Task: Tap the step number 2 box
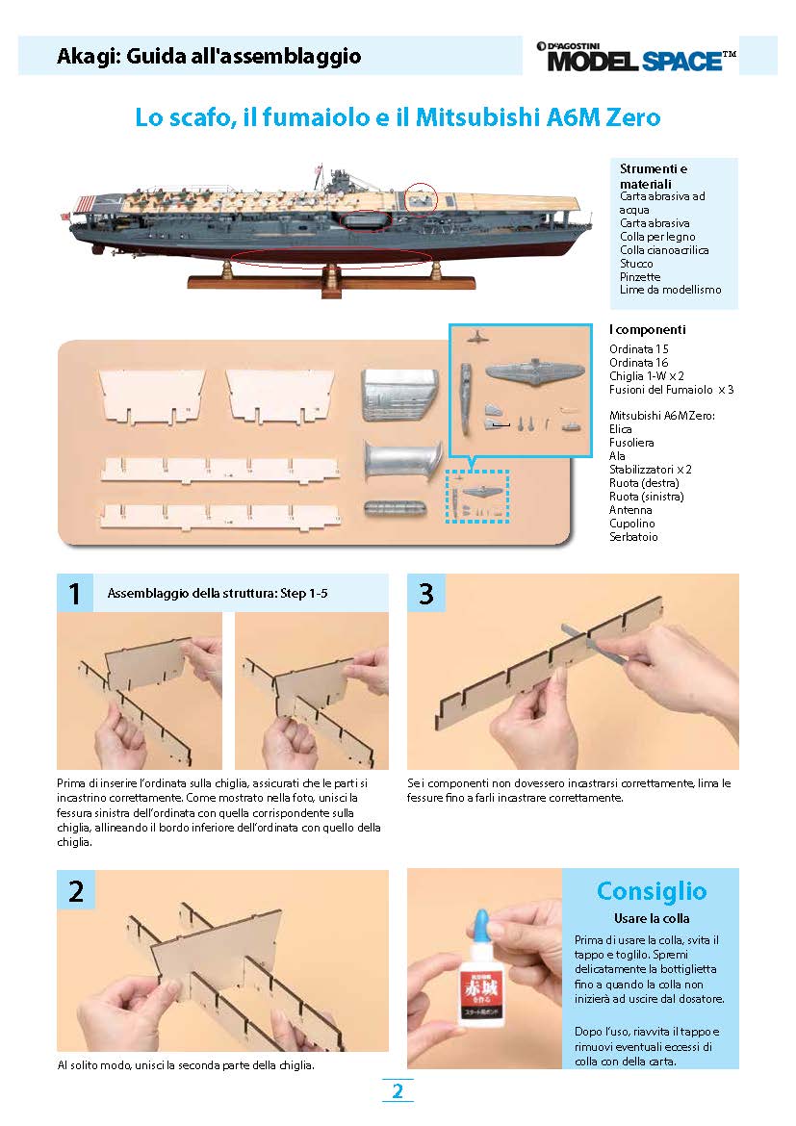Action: click(75, 890)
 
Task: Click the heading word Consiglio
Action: click(652, 890)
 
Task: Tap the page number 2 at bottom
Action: click(397, 1091)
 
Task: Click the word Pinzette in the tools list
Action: click(638, 276)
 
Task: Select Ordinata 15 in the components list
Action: click(639, 348)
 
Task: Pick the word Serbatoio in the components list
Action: click(634, 536)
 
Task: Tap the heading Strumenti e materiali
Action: click(654, 176)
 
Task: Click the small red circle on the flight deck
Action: click(421, 197)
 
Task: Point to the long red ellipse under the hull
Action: click(332, 257)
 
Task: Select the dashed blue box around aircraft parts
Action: click(477, 496)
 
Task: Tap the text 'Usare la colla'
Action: click(652, 918)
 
